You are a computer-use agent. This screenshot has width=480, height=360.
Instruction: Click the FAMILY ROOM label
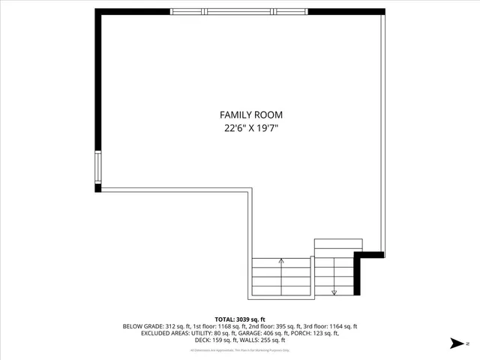pyautogui.click(x=251, y=115)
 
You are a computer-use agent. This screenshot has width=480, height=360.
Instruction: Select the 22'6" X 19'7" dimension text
pyautogui.click(x=251, y=128)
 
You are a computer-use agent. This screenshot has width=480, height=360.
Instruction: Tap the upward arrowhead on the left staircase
pyautogui.click(x=281, y=261)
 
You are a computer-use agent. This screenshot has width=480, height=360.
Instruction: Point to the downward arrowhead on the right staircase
pyautogui.click(x=334, y=292)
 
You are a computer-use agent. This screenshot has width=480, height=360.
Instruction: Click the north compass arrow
pyautogui.click(x=456, y=343)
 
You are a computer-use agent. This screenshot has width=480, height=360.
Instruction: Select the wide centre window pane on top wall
pyautogui.click(x=240, y=12)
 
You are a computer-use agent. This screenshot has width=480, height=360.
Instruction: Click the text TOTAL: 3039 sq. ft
pyautogui.click(x=240, y=319)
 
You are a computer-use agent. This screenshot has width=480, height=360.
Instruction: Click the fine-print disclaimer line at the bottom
pyautogui.click(x=240, y=350)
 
